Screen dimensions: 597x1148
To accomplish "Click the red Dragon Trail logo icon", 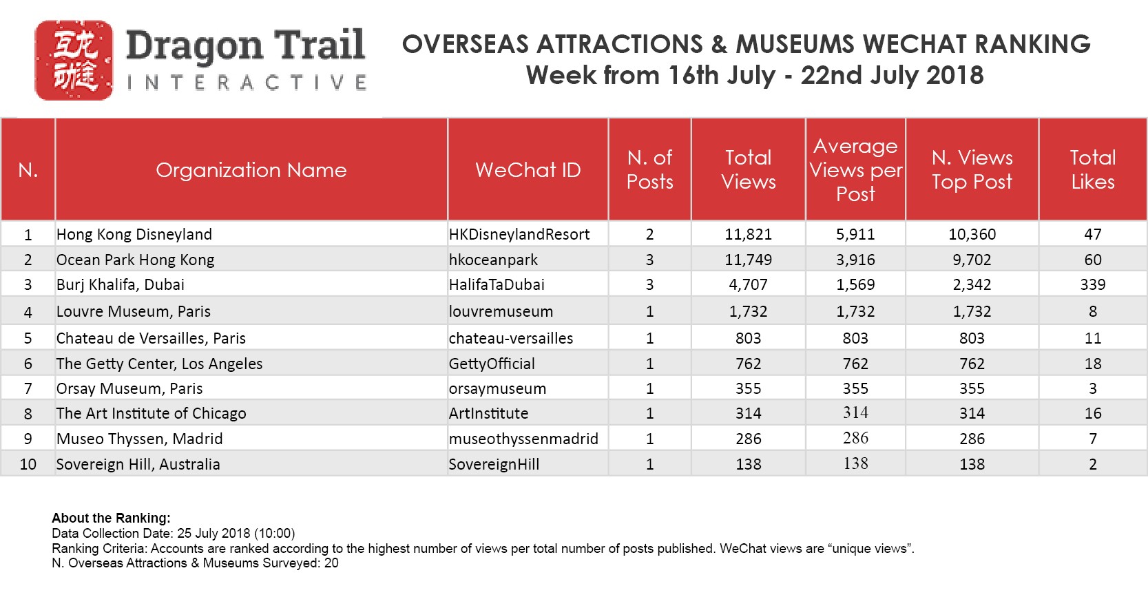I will click(74, 60).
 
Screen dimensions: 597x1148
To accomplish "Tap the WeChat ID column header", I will click(528, 170).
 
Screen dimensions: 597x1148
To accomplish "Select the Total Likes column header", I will click(1092, 170).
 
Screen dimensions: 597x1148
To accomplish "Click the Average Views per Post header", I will click(855, 170).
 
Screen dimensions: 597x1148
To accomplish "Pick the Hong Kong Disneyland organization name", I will click(134, 234).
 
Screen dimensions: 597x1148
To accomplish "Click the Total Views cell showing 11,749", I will click(748, 260).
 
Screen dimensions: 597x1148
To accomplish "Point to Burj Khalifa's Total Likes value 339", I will click(1092, 284).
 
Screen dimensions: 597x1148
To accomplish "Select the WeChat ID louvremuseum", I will click(501, 311).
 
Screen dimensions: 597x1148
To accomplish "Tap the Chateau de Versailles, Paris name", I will click(151, 338).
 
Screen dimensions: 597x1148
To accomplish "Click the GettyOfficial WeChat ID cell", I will click(492, 364).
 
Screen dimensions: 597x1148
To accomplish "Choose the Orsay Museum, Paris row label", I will click(129, 388).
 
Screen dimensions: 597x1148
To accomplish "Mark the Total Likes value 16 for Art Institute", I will click(1093, 413).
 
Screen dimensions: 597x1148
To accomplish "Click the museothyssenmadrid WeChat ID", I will click(523, 439).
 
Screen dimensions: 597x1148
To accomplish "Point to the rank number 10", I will click(28, 464).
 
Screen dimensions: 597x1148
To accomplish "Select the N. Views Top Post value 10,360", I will click(972, 234).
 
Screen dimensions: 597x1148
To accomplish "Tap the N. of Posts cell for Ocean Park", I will click(649, 260).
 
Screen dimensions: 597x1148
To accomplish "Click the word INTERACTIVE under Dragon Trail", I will click(247, 83).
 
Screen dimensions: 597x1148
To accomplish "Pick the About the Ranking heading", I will click(111, 518).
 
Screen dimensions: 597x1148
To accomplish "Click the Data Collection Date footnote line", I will click(173, 533).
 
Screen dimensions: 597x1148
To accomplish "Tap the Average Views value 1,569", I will click(855, 284).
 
